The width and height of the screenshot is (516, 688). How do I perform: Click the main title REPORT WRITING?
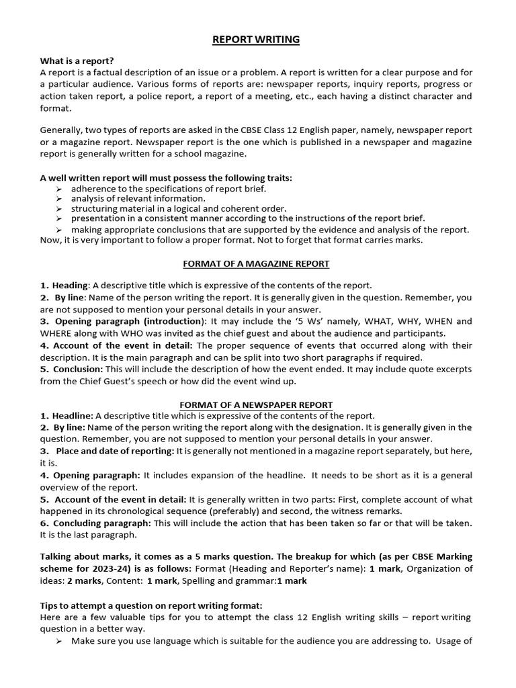point(256,40)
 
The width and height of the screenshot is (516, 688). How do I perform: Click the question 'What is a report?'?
point(77,60)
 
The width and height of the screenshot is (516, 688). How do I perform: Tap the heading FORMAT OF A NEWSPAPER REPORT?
point(256,404)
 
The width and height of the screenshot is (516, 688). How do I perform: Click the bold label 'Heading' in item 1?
point(70,286)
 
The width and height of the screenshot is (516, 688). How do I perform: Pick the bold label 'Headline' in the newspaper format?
point(73,416)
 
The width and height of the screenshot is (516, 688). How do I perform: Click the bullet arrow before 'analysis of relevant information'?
point(58,199)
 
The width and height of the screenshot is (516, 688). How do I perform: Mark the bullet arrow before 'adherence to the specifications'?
point(58,189)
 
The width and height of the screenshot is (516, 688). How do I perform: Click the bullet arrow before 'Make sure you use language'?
point(58,641)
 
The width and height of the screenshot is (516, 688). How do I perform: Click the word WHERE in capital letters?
point(60,333)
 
